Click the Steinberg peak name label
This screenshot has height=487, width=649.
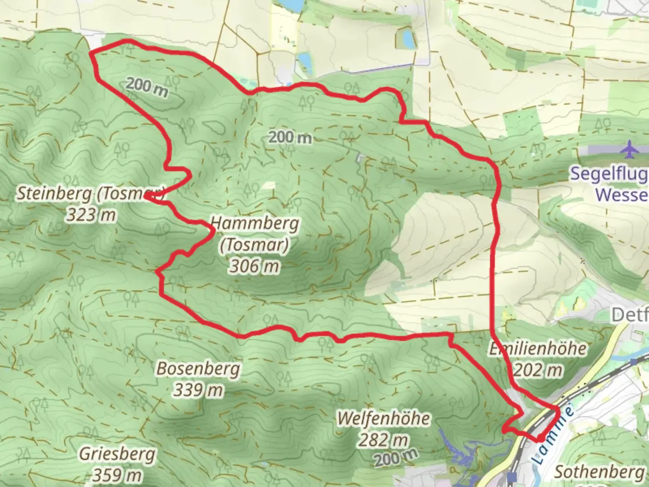[x=54, y=194]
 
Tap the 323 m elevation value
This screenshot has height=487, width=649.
[x=91, y=215]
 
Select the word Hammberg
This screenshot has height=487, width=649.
[x=255, y=223]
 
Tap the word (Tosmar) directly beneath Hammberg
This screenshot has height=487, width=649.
[x=255, y=245]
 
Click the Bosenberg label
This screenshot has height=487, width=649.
[x=198, y=369]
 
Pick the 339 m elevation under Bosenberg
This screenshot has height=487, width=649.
[x=198, y=390]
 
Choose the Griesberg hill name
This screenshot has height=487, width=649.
[x=117, y=454]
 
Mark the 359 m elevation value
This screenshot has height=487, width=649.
[x=117, y=475]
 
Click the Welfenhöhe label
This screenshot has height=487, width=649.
[x=384, y=418]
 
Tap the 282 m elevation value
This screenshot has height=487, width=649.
[x=384, y=439]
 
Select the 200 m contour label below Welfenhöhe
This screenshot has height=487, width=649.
[x=395, y=458]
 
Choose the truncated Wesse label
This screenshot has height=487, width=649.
[x=622, y=195]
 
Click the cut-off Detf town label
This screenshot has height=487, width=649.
[x=630, y=315]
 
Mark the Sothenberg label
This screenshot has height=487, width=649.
[x=599, y=472]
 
